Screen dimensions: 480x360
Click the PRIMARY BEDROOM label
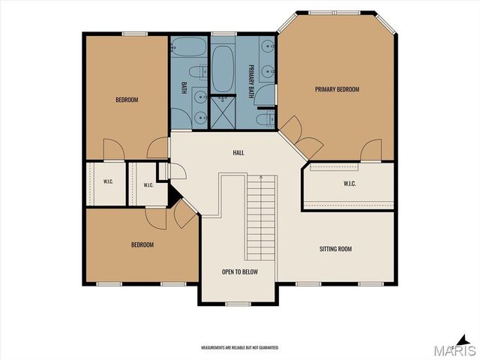point(337,89)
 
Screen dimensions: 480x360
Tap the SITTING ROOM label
point(335,249)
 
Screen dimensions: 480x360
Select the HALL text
point(238,152)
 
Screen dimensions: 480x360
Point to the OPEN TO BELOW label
point(240,271)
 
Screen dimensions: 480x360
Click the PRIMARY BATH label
point(251,81)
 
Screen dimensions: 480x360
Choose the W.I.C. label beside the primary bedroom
point(349,184)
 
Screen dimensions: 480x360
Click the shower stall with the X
point(223,112)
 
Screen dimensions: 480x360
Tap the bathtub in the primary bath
point(223,68)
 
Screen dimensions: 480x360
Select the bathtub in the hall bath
point(189,46)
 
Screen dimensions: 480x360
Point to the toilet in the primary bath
point(265,119)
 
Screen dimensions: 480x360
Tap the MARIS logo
point(454,346)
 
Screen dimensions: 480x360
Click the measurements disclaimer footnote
point(240,348)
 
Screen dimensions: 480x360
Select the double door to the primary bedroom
point(301,138)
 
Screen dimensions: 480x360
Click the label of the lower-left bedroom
point(142,245)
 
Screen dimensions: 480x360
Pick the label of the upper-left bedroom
point(127,100)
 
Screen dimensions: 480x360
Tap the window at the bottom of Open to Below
point(238,304)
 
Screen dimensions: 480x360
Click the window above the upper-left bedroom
point(135,34)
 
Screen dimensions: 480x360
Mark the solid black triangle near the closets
point(174,196)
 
